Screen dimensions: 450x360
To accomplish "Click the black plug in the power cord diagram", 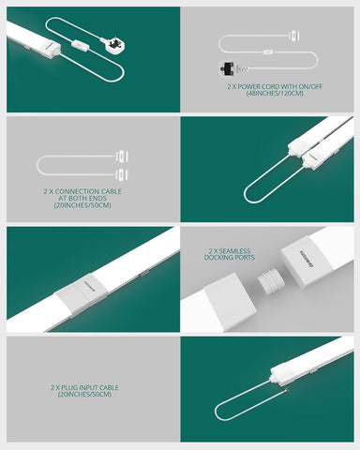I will point(228,68).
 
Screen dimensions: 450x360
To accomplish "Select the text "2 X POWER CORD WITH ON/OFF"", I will point(269,86).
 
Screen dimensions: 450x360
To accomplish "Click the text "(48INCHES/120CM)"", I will point(269,96).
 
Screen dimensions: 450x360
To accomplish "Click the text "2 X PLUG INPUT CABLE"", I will point(85,386).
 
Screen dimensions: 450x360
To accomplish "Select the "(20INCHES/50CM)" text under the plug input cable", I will point(85,395).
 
